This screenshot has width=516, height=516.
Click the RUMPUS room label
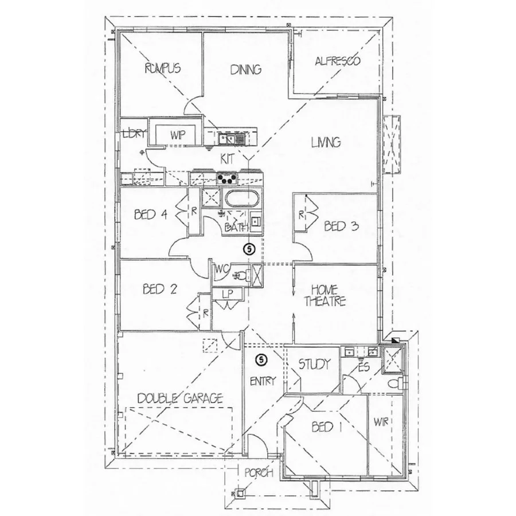coord(163,68)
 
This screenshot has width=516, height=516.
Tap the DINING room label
coord(246,69)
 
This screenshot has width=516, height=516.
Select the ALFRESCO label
coord(338,61)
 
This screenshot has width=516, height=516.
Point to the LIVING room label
coord(326,142)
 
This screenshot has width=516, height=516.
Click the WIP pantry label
coord(175,135)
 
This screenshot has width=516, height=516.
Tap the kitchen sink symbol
coord(232,138)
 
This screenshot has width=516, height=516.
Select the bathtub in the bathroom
coord(241,199)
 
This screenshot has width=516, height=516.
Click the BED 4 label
coord(150,215)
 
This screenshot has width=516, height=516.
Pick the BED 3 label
coord(341,226)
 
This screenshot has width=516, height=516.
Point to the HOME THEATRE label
coord(329,295)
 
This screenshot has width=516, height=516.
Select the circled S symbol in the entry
coord(262,360)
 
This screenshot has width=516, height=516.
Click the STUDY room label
coord(314,364)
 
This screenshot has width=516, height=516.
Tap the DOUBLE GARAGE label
coord(180,398)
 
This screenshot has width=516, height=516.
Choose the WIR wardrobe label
coord(381,423)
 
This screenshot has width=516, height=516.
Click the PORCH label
coord(256,473)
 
